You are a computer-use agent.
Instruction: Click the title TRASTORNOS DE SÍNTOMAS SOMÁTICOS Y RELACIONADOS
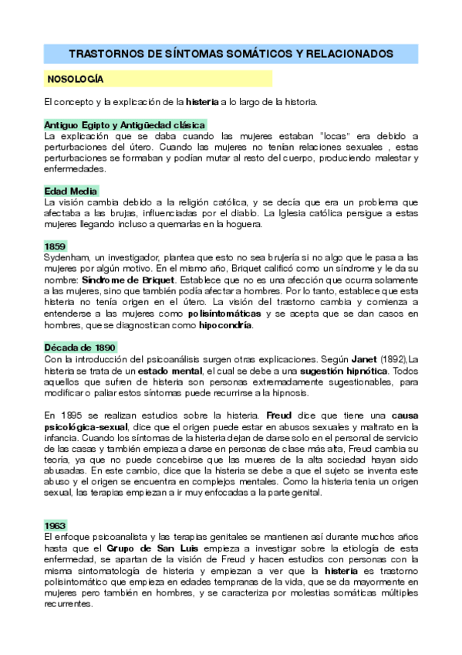click(231, 54)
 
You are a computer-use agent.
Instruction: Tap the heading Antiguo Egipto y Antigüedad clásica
click(125, 125)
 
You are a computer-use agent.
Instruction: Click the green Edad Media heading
click(71, 191)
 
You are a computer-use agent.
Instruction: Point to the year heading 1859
click(56, 246)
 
